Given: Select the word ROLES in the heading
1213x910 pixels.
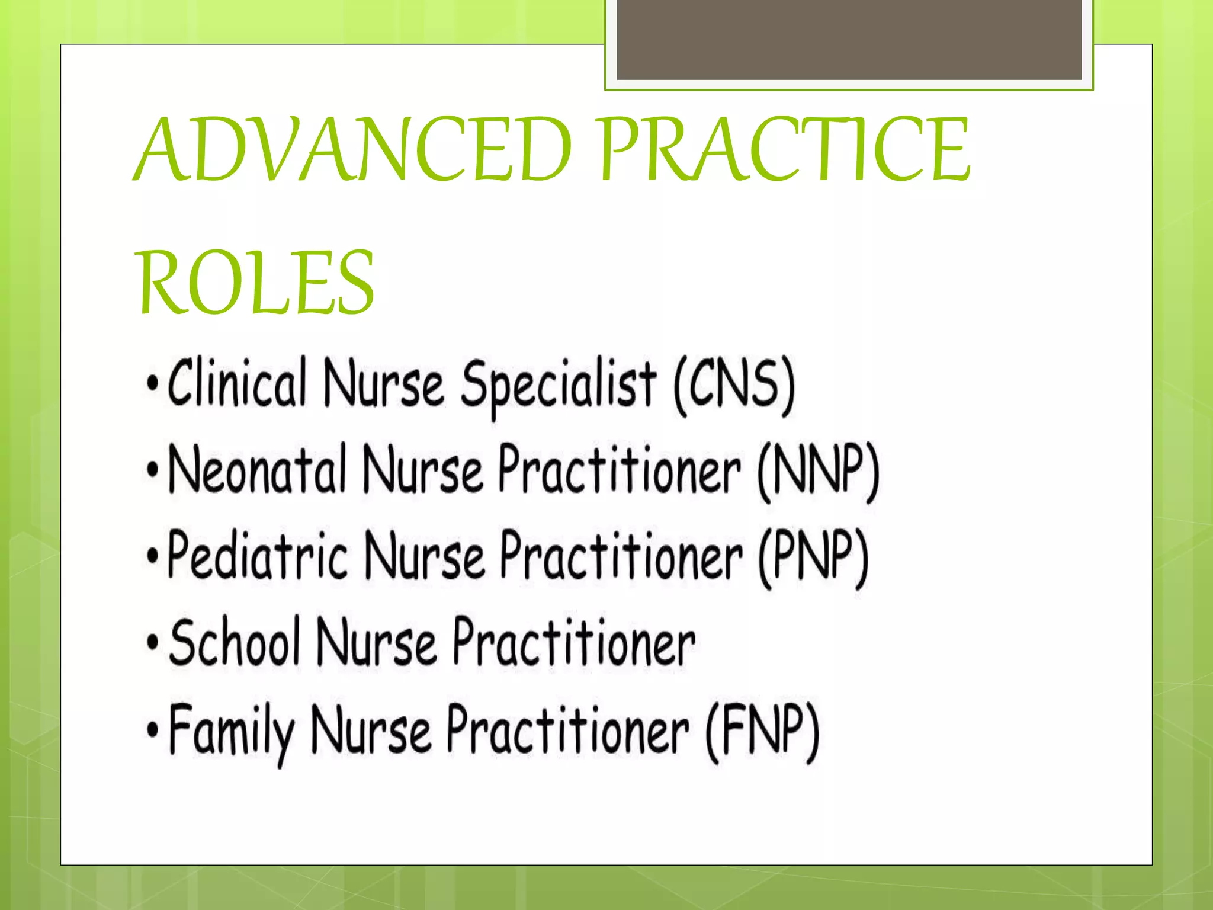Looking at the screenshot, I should tap(256, 283).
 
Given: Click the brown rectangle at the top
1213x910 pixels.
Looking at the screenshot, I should tap(849, 39).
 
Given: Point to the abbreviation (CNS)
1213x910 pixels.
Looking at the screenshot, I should tap(734, 386).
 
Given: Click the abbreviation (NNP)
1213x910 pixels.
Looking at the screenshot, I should tap(819, 472).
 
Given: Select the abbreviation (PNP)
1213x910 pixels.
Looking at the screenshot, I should tap(814, 558).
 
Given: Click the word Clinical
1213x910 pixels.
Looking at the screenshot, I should tap(237, 384).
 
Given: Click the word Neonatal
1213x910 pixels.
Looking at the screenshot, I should tap(257, 470).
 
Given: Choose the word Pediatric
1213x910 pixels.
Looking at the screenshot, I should tap(257, 556).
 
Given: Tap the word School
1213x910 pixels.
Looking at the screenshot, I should tap(235, 642).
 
